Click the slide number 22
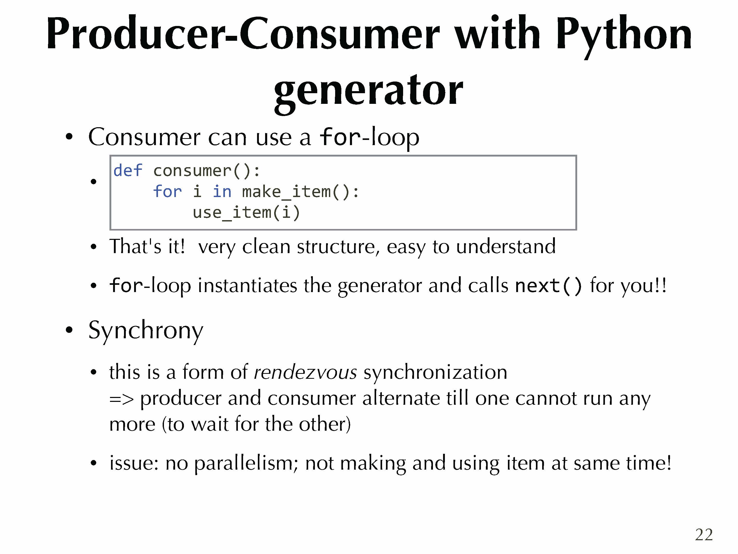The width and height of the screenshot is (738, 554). pos(704,535)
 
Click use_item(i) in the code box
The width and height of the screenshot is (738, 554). pos(246,213)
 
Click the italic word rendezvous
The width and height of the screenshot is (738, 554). pos(305,372)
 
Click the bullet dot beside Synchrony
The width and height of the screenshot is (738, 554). pos(69,330)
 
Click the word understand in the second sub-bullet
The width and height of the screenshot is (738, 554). pos(506,246)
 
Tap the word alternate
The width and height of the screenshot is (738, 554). pos(401,398)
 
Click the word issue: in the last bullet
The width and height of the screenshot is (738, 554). pos(134,463)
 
